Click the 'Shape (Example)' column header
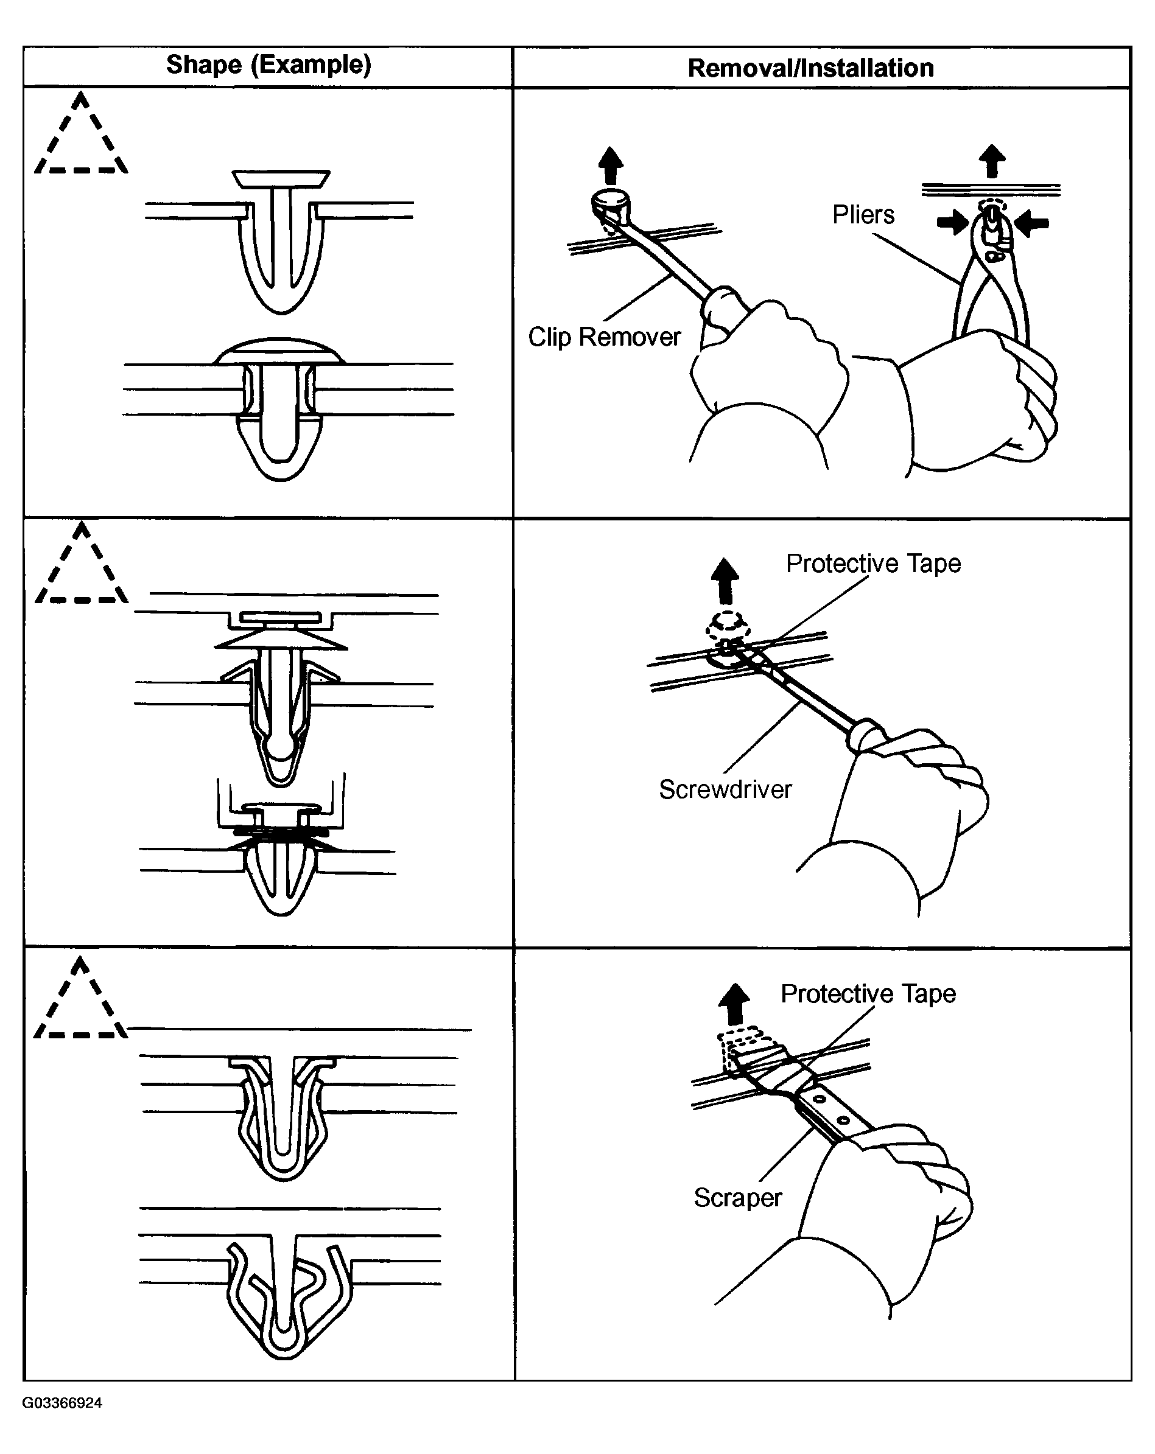pos(269,65)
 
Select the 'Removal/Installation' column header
pos(810,68)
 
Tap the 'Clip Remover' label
pos(604,337)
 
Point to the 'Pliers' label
pos(863,214)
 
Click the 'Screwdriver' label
pos(725,789)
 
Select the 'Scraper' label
pos(737,1197)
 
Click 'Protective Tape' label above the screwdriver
pos(873,563)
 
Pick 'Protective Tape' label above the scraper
pos(868,993)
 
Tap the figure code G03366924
pos(62,1403)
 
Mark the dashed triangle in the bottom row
pos(80,1004)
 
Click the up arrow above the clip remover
pos(611,164)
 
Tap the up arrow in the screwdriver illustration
pos(725,580)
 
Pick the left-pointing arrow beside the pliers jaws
pos(1032,223)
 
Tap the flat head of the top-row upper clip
pos(281,179)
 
